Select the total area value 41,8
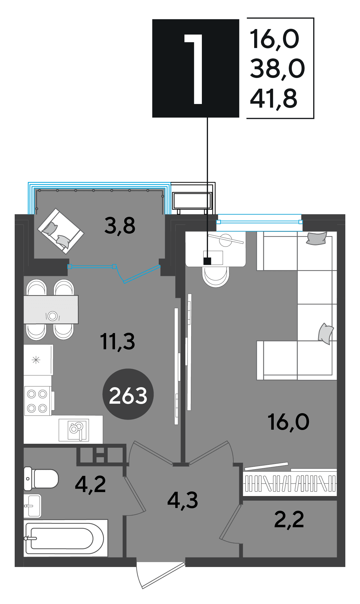(x=273, y=98)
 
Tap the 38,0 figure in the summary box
(x=277, y=69)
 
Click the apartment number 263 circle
(x=128, y=394)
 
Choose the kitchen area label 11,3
(x=117, y=341)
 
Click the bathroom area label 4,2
(x=90, y=484)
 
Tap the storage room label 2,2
(x=289, y=520)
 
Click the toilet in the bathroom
(x=41, y=478)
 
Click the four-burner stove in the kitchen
(x=38, y=401)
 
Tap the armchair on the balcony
(x=61, y=231)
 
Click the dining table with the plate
(x=51, y=309)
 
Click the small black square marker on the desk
(x=207, y=261)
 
